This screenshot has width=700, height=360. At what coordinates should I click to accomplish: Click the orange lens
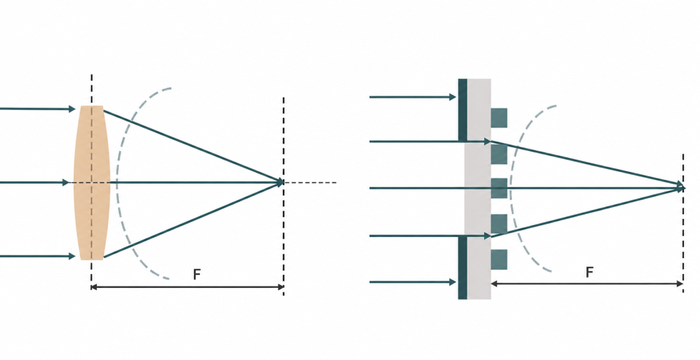click(92, 182)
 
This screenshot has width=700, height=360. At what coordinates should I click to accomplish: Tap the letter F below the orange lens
click(197, 274)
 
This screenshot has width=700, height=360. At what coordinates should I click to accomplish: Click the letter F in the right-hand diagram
click(589, 272)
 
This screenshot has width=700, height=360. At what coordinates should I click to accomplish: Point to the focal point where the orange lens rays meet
click(281, 182)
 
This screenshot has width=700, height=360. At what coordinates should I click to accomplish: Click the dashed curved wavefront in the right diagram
click(511, 188)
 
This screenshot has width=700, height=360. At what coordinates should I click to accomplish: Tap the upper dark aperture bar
click(462, 110)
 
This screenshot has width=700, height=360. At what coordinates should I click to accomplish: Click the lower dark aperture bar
click(462, 267)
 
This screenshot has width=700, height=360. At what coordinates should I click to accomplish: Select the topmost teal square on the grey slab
click(499, 118)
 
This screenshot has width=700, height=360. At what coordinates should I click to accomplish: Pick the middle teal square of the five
click(499, 188)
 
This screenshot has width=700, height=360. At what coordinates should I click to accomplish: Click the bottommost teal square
click(499, 259)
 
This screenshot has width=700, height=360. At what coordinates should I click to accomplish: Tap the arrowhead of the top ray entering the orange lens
click(72, 109)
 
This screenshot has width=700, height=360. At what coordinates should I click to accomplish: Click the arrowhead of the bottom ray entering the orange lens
click(72, 256)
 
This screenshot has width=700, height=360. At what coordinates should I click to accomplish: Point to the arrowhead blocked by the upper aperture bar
click(452, 97)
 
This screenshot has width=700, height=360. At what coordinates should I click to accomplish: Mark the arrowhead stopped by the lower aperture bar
click(452, 282)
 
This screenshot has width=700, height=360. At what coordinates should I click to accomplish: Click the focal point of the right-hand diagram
click(681, 187)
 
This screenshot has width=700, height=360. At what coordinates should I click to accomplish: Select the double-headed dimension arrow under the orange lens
click(187, 287)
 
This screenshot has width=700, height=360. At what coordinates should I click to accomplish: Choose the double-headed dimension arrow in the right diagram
click(587, 283)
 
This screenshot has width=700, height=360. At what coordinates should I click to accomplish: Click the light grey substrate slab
click(478, 189)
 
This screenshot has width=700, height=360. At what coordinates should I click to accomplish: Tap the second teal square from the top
click(499, 154)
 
